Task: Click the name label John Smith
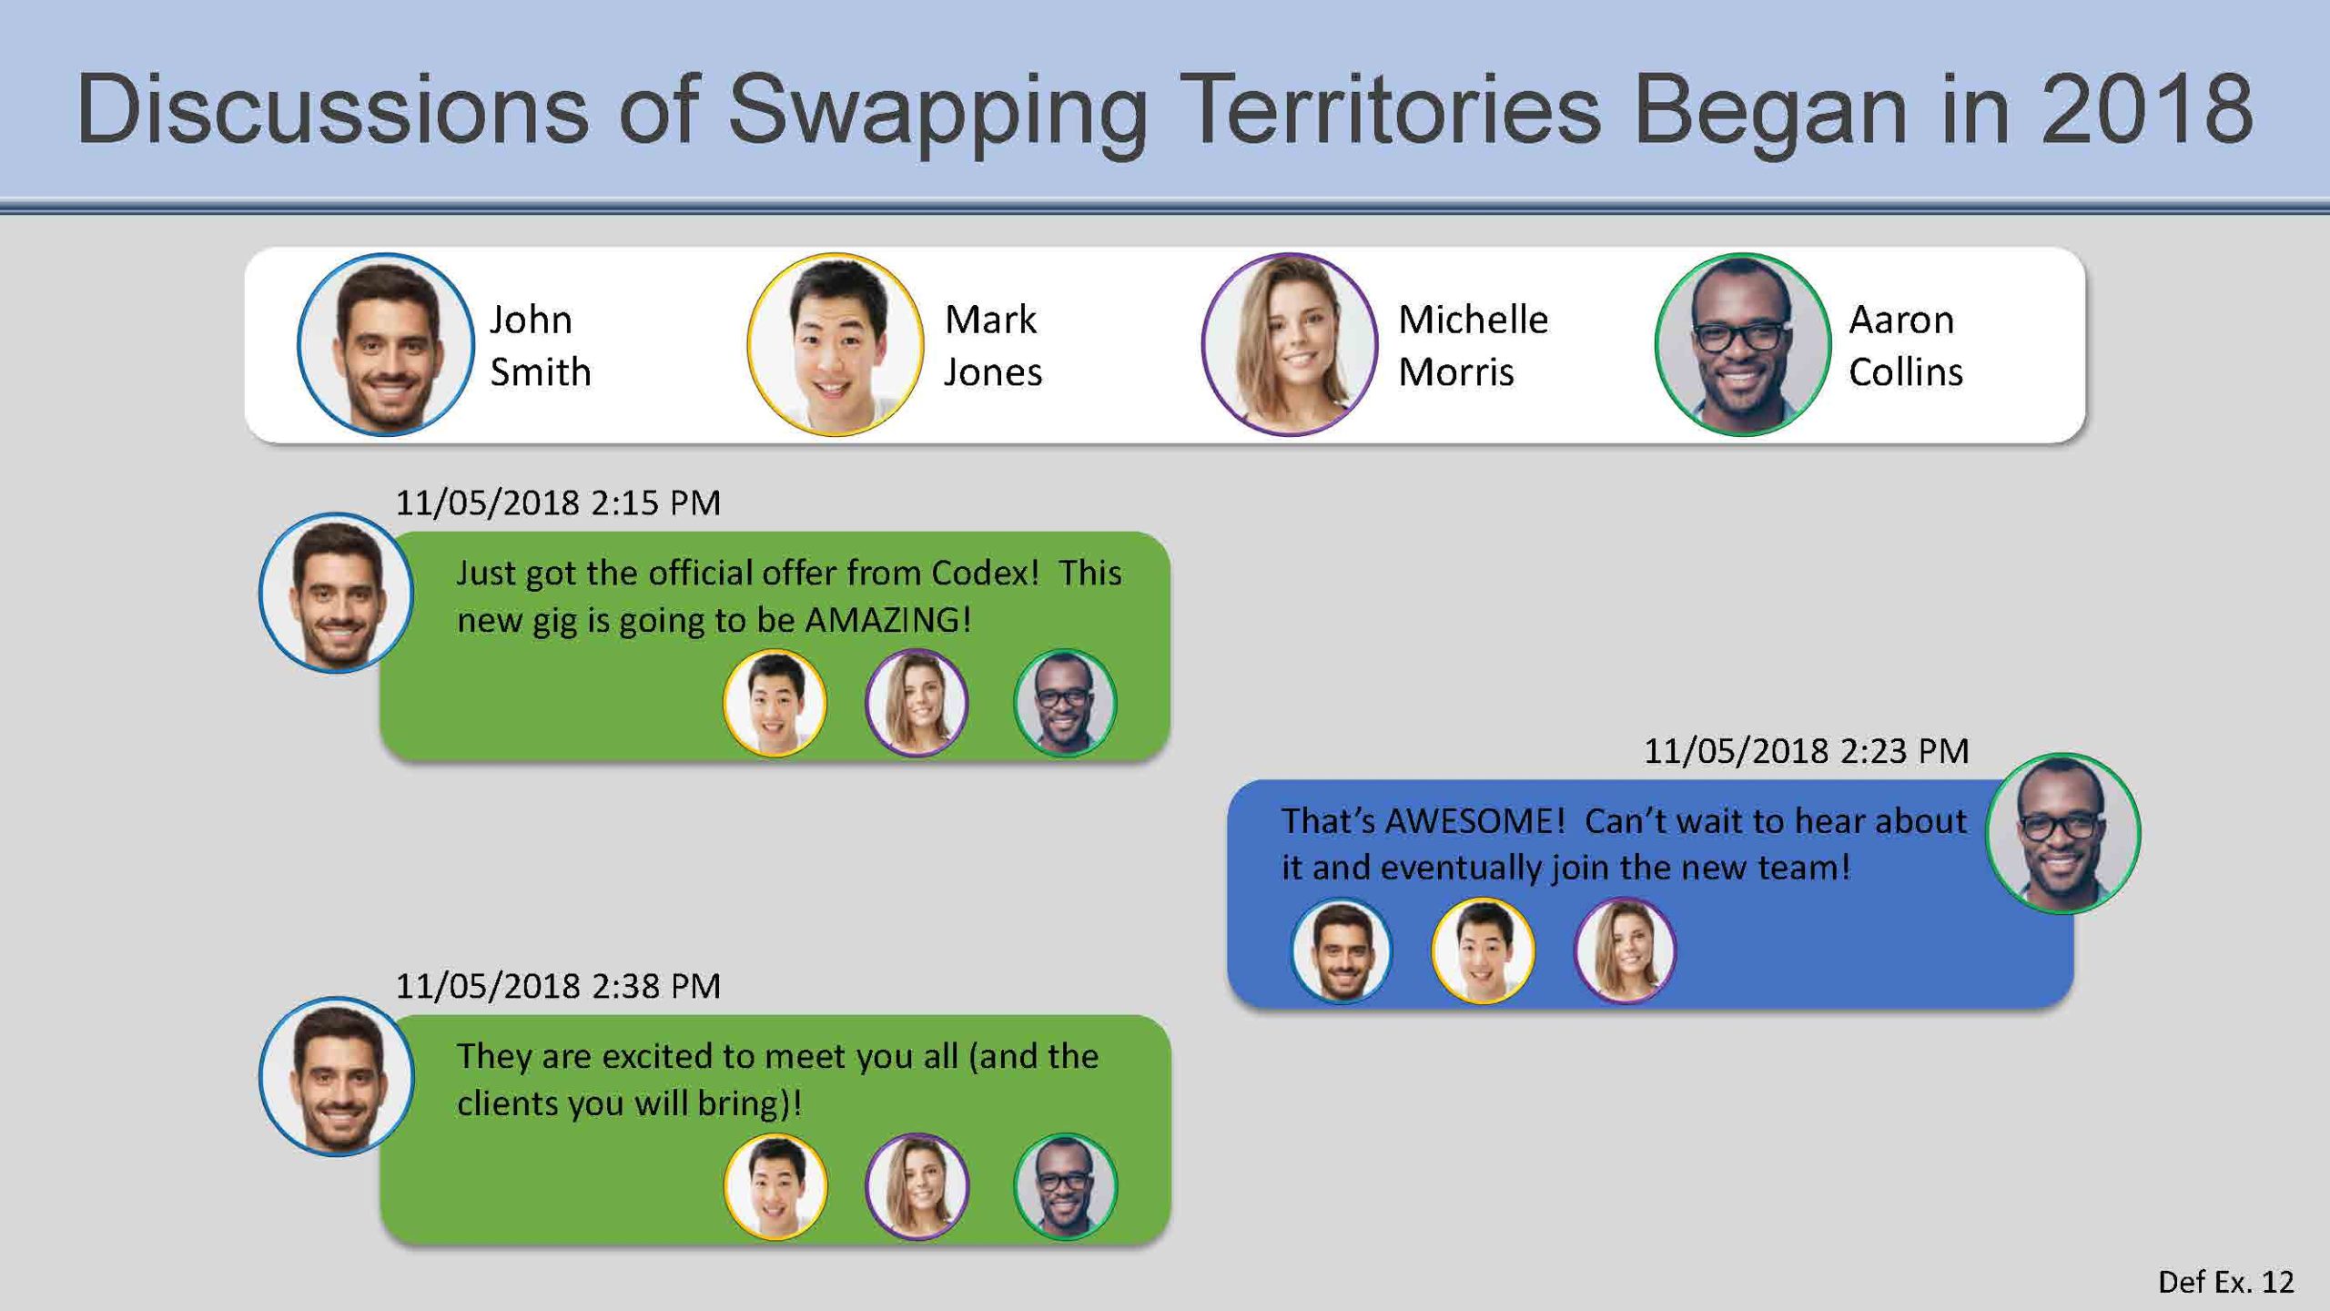[x=541, y=346]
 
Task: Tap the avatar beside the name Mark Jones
[x=836, y=345]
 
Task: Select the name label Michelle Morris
[x=1473, y=346]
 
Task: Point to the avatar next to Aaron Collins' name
[x=1742, y=345]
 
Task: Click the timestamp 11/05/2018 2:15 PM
[x=558, y=503]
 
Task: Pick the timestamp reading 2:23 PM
[x=1806, y=751]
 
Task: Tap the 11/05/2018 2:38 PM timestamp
[x=558, y=986]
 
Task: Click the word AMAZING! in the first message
[x=888, y=620]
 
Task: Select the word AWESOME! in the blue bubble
[x=1474, y=821]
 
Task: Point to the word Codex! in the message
[x=985, y=573]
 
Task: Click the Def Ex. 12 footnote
[x=2226, y=1282]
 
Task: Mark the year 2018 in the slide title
[x=2147, y=109]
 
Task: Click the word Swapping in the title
[x=937, y=114]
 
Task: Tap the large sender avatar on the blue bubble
[x=2063, y=833]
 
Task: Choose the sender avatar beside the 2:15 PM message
[x=337, y=593]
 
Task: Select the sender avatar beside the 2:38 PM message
[x=337, y=1076]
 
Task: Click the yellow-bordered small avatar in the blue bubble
[x=1483, y=950]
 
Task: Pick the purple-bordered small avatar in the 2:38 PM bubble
[x=917, y=1186]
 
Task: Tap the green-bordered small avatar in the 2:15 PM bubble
[x=1065, y=703]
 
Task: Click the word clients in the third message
[x=508, y=1103]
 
